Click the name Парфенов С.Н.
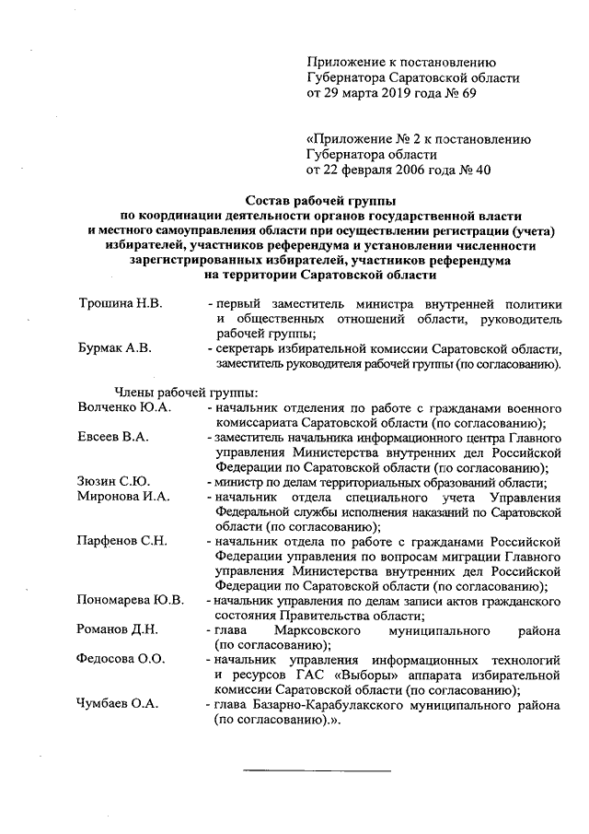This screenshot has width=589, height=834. click(122, 540)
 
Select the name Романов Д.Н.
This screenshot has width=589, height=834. click(119, 630)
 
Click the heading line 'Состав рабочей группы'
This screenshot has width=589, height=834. click(317, 200)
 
